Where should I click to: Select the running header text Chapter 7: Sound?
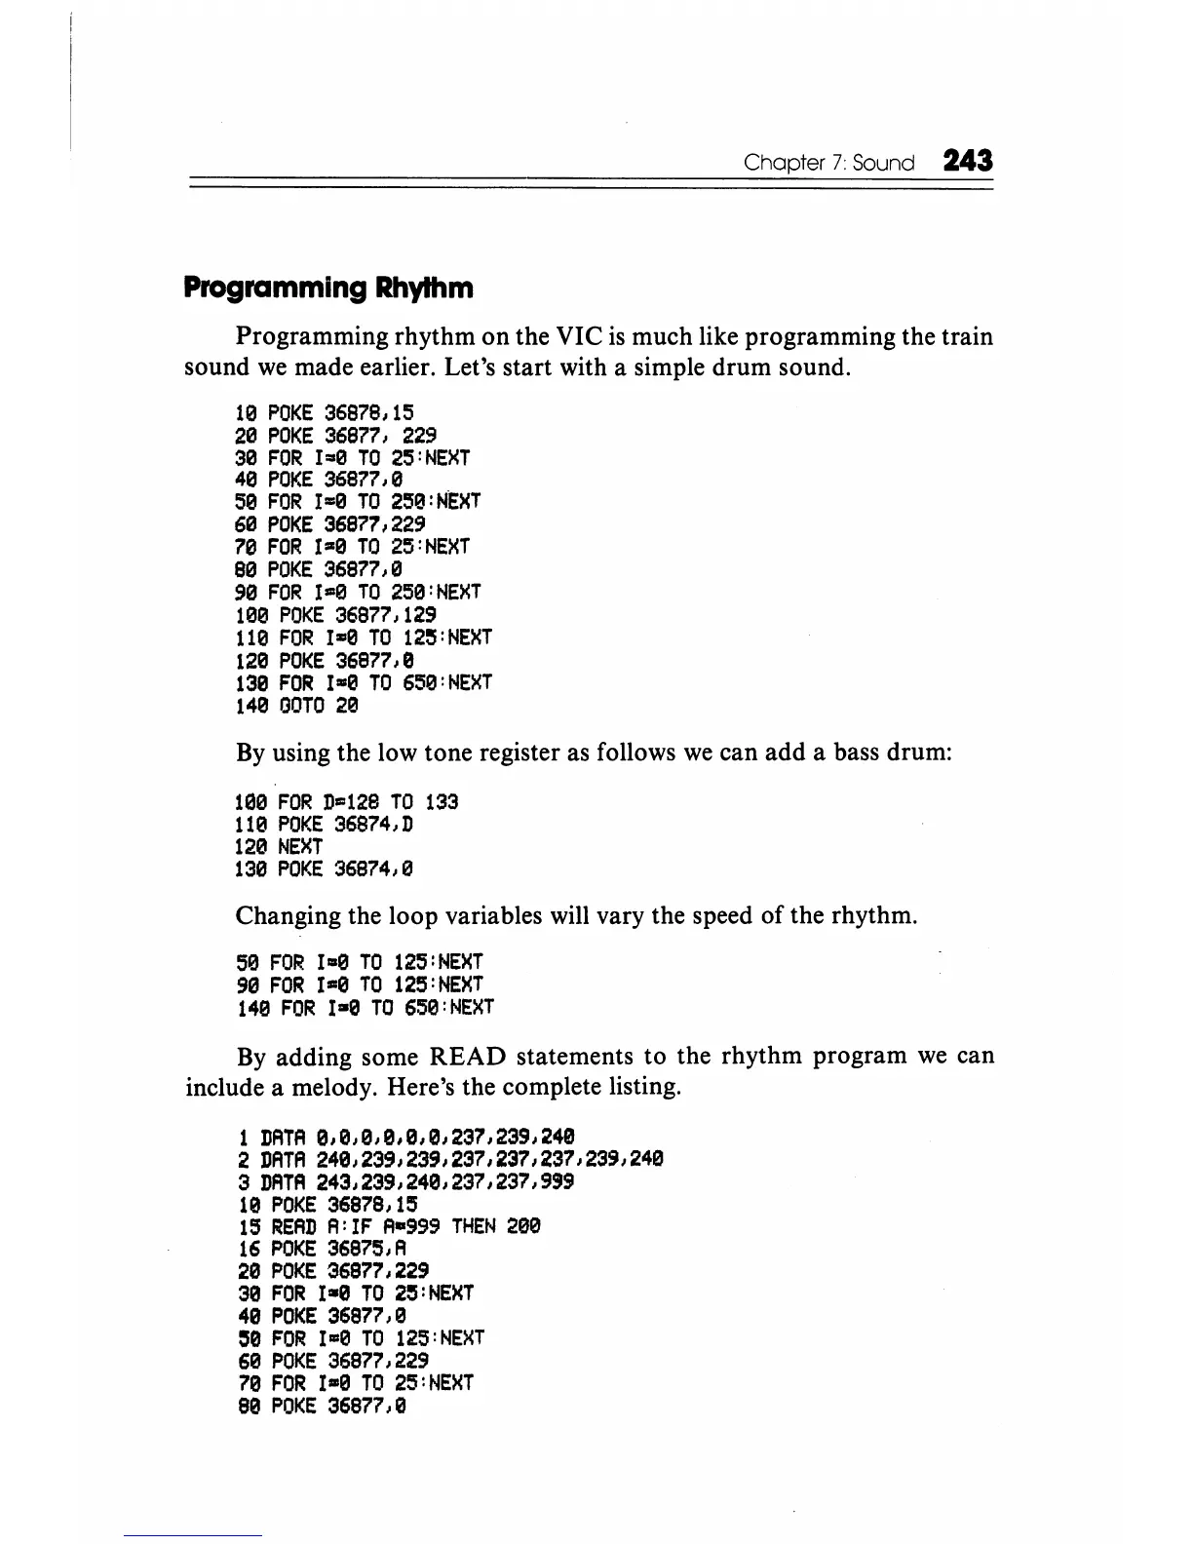pyautogui.click(x=828, y=163)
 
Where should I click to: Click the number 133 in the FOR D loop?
pyautogui.click(x=442, y=802)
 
